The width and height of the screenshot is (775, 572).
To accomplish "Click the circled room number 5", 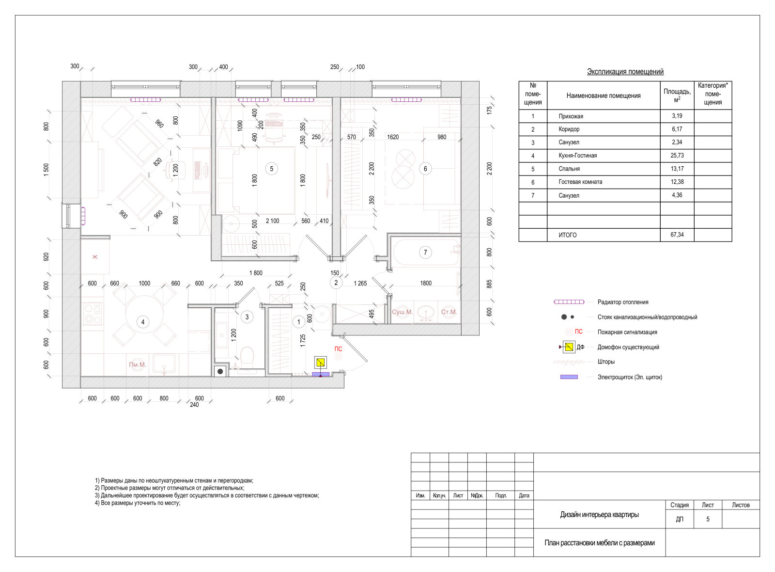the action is tap(272, 169).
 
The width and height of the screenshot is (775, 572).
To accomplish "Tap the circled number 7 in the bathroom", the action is tap(425, 253).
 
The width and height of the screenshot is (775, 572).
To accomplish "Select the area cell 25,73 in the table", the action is tap(677, 156).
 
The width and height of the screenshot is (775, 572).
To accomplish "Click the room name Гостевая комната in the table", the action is tap(580, 182).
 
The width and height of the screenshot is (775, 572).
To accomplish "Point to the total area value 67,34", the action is tap(677, 235).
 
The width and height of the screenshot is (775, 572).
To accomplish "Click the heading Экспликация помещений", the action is tap(625, 72).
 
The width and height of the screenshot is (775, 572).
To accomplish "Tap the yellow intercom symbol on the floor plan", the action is tap(320, 363).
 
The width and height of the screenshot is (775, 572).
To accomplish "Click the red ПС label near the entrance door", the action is tap(338, 349).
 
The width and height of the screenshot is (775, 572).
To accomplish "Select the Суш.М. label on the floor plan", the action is tap(402, 312).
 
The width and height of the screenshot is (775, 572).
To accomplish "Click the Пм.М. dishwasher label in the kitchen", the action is tap(138, 365).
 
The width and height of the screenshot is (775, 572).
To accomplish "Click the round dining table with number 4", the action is tap(144, 315).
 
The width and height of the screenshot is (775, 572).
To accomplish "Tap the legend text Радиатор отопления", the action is tap(623, 302).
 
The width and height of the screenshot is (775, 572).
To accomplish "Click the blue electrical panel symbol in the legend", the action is tap(569, 377).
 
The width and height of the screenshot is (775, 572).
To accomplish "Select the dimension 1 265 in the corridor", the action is tap(360, 283).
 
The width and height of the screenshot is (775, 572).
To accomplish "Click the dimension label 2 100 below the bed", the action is tap(272, 221).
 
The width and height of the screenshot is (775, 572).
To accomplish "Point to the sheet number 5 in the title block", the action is tap(708, 519).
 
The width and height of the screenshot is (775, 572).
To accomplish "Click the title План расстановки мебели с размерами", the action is tap(599, 543).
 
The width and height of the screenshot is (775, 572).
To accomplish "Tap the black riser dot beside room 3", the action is tap(220, 371).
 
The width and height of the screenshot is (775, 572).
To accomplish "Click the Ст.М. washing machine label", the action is tap(449, 312).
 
